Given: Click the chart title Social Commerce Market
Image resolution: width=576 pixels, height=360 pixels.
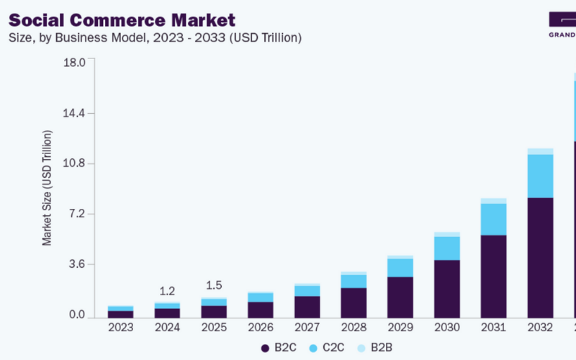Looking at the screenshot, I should click(x=122, y=19).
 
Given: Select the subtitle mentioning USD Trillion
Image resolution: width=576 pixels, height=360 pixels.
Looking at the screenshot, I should click(x=155, y=37).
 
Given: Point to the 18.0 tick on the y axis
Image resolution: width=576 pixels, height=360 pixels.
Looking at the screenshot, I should click(x=75, y=63).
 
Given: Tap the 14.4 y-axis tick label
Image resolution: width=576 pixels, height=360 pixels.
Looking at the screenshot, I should click(x=75, y=113).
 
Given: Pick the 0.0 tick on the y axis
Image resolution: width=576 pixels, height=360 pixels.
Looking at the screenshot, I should click(x=76, y=315).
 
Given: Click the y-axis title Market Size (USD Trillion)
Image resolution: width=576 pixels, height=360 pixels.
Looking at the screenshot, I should click(x=48, y=188).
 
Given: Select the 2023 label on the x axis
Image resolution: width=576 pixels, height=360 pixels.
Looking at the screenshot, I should click(x=120, y=328).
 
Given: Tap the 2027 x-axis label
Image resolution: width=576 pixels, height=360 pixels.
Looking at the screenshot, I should click(x=307, y=328).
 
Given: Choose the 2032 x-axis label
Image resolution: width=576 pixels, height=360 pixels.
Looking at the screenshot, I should click(x=540, y=328).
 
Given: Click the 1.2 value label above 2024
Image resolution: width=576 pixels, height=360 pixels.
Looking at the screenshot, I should click(x=167, y=292).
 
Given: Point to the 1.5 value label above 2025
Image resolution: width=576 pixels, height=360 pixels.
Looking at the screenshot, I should click(x=214, y=286).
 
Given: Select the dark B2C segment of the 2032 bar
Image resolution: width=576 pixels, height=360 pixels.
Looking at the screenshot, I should click(x=540, y=258).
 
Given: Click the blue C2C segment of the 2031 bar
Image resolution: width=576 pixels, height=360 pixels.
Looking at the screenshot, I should click(x=493, y=219).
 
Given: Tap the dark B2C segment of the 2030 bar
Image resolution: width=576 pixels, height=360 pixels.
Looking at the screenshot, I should click(x=446, y=289).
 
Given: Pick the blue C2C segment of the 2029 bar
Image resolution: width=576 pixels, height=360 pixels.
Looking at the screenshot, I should click(x=400, y=267).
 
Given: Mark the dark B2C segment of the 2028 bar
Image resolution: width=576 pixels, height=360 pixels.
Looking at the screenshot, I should click(x=354, y=302).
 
